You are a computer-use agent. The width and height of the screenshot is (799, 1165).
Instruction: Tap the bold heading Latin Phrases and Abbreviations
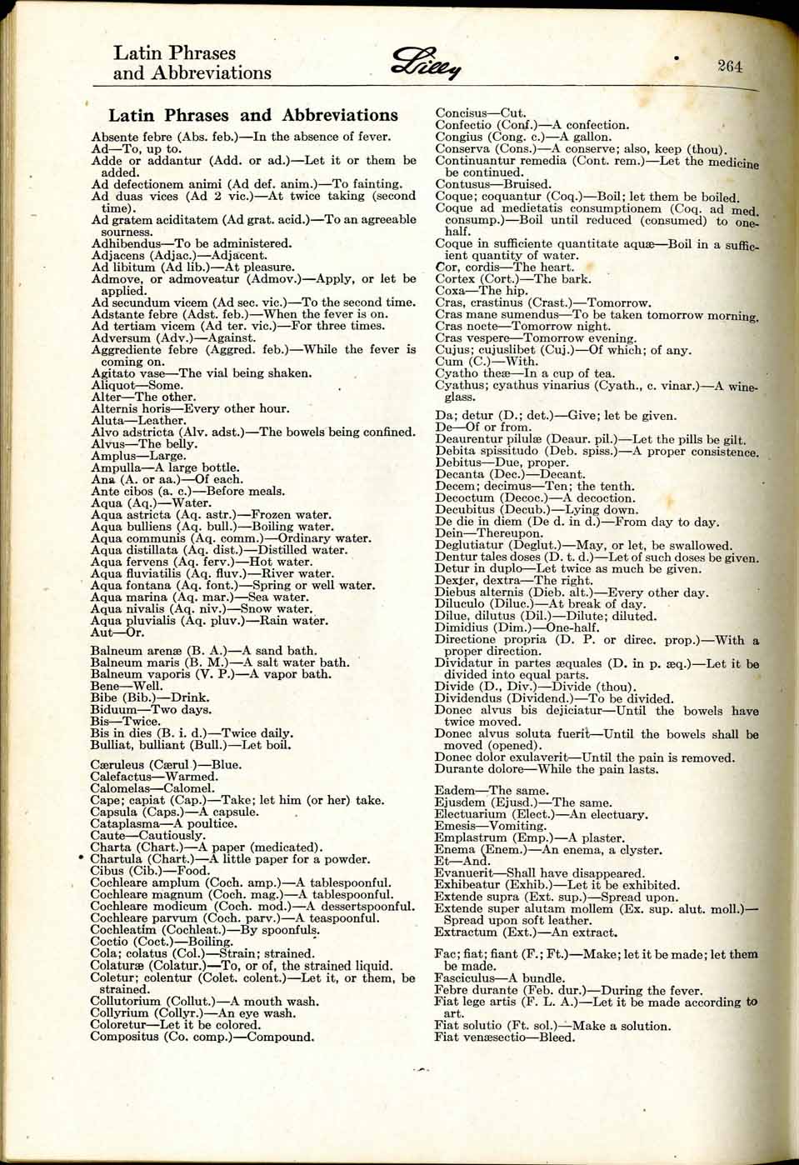pos(253,115)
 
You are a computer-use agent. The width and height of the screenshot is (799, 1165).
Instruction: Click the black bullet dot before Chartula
pos(80,858)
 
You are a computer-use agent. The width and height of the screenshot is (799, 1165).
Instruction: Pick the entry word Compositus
pos(125,1037)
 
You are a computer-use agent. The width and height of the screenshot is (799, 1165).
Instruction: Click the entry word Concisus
pos(461,112)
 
